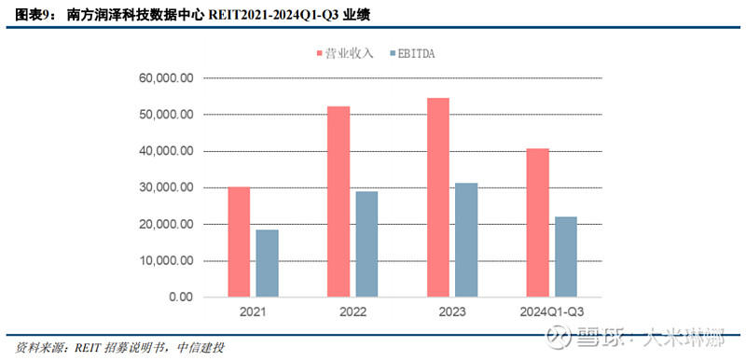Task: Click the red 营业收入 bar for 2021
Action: click(x=240, y=242)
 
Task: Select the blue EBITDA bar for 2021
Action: click(x=267, y=264)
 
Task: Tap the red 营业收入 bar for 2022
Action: click(x=339, y=202)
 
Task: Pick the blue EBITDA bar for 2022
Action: click(x=366, y=244)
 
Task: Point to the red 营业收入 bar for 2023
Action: click(x=438, y=198)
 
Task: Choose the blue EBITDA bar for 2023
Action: click(x=465, y=241)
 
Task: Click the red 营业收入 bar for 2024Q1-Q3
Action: click(x=538, y=223)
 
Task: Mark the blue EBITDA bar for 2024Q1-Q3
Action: click(x=565, y=257)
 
